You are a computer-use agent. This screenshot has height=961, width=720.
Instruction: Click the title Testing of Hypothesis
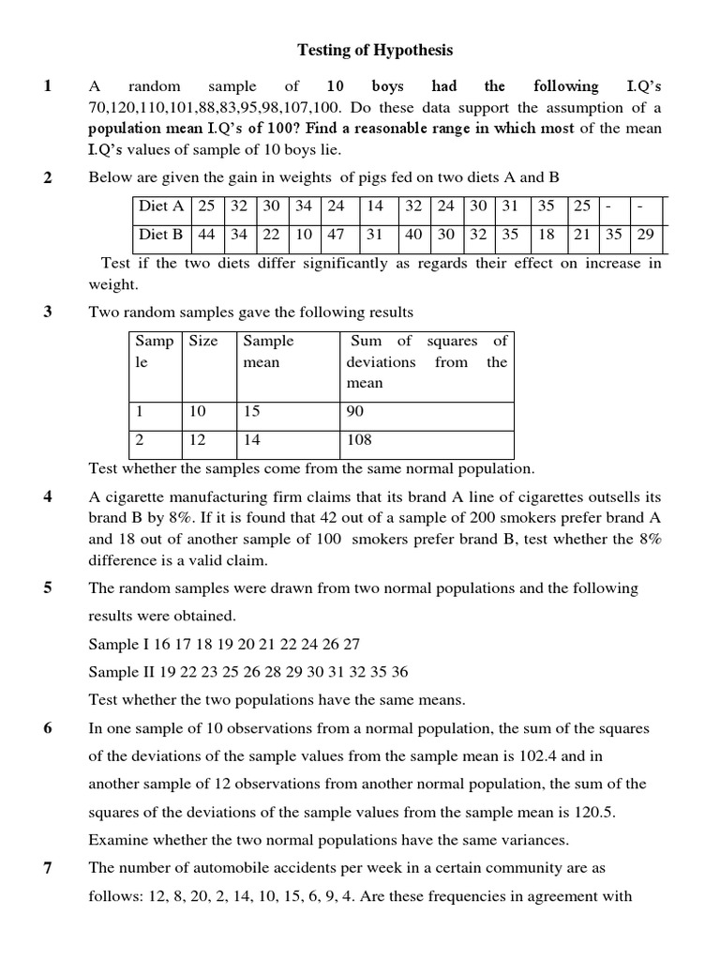pos(375,50)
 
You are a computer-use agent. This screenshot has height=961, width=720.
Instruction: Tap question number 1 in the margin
pos(47,86)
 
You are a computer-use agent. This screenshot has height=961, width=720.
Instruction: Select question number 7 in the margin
pos(47,868)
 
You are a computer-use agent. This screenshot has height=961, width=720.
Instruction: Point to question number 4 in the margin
pos(47,496)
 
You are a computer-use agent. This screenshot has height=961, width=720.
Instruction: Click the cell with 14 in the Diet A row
pos(375,206)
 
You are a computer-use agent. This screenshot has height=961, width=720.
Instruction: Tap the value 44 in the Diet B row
pos(206,235)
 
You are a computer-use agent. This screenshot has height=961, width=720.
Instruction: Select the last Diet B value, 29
pos(645,235)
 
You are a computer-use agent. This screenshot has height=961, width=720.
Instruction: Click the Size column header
pos(203,341)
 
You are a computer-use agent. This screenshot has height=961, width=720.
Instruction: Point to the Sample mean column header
pos(268,351)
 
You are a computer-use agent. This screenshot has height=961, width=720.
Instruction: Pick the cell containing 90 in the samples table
pos(355,411)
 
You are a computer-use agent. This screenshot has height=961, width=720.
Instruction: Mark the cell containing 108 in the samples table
pos(359,439)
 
